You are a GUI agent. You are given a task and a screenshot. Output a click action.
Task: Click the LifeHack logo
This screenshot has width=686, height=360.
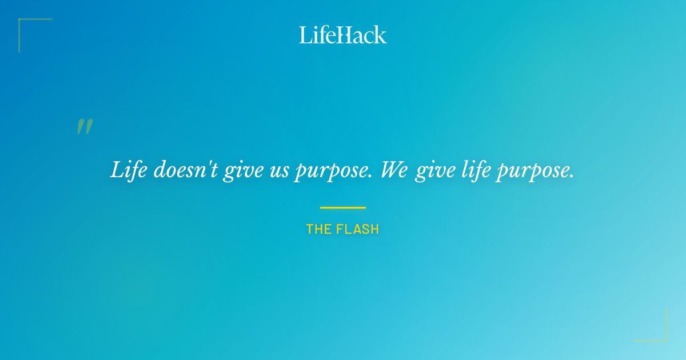click(342, 35)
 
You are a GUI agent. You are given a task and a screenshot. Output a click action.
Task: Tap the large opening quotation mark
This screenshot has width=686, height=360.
click(85, 127)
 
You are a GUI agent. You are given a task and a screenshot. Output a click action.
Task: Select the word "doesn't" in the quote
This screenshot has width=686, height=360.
click(185, 170)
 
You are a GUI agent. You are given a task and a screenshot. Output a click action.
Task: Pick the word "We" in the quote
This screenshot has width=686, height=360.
click(394, 170)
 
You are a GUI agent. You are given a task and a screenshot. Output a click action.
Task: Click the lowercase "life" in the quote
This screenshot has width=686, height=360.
click(476, 170)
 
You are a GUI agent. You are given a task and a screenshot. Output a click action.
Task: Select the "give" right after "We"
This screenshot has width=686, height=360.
click(435, 171)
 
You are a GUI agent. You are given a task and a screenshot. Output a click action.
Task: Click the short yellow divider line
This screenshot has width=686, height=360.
click(342, 207)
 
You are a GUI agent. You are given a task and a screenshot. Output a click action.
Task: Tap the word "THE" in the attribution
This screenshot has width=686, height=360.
click(318, 229)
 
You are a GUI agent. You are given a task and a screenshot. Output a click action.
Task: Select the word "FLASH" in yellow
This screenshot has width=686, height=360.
click(357, 229)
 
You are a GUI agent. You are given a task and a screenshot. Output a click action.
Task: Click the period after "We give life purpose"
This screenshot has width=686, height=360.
click(572, 177)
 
